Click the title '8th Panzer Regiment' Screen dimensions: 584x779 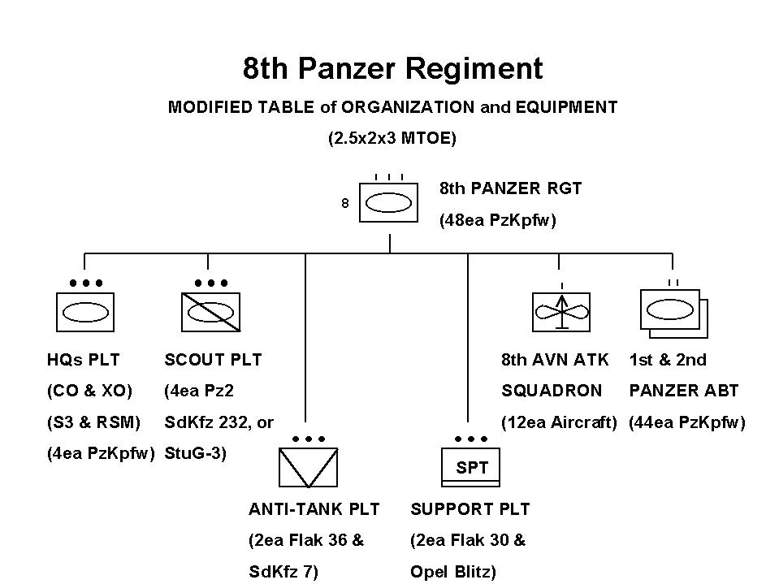[x=392, y=68]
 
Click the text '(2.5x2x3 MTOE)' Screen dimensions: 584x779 [x=392, y=139]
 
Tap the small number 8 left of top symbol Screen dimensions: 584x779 [x=344, y=204]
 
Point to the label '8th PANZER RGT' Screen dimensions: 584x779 [x=510, y=188]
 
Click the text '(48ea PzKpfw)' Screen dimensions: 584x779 [x=497, y=220]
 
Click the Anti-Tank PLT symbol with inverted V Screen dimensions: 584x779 [x=308, y=468]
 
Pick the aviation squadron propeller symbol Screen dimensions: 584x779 [x=561, y=311]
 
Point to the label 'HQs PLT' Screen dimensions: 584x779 [x=84, y=359]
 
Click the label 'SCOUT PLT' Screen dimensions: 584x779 [x=213, y=359]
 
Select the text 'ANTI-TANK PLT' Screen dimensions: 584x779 [x=314, y=509]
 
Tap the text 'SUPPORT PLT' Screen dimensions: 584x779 [x=470, y=509]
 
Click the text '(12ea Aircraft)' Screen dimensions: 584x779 [x=559, y=422]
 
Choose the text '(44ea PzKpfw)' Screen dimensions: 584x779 [x=686, y=422]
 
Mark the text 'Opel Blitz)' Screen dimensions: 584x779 [x=452, y=572]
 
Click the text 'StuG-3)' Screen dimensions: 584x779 [x=195, y=453]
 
